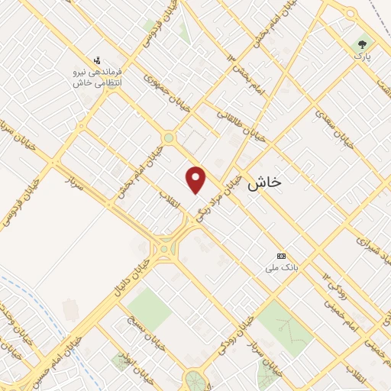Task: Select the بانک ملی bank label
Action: [280, 268]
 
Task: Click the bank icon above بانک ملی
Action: [281, 255]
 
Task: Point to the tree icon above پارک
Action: [361, 44]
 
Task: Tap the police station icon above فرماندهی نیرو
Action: [97, 59]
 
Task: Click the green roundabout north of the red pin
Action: [168, 138]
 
